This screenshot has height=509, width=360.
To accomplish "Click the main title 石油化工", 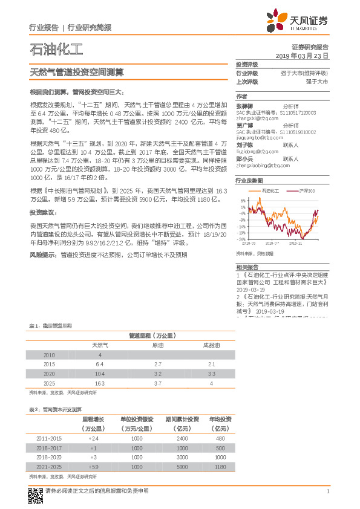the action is point(56,49).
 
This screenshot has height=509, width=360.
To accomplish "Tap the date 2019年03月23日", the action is point(302,56).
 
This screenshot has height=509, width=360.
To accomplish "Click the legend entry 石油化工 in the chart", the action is point(270,191).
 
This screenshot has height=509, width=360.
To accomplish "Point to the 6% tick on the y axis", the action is point(243,201).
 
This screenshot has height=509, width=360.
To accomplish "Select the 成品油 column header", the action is point(212,345).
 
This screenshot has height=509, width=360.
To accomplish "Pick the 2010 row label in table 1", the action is point(50,355).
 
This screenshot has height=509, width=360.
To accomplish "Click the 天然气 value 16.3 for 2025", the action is point(100,384).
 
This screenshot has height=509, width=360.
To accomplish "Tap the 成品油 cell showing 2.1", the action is point(212,365).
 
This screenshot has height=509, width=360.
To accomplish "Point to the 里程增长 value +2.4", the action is point(93,438).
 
